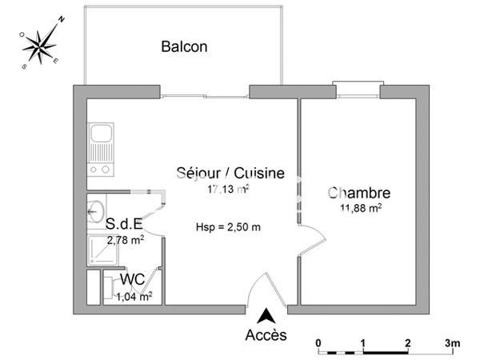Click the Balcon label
tap(184, 46)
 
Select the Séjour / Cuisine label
tap(230, 174)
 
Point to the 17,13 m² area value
tap(229, 190)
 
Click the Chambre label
tap(359, 193)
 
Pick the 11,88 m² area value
tap(359, 208)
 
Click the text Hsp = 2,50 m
tap(229, 226)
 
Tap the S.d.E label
tap(125, 225)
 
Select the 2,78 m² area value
tap(126, 238)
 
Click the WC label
tap(132, 279)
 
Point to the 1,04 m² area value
tap(134, 297)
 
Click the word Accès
tap(266, 335)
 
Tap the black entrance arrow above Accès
tap(266, 314)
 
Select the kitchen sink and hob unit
tap(101, 149)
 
